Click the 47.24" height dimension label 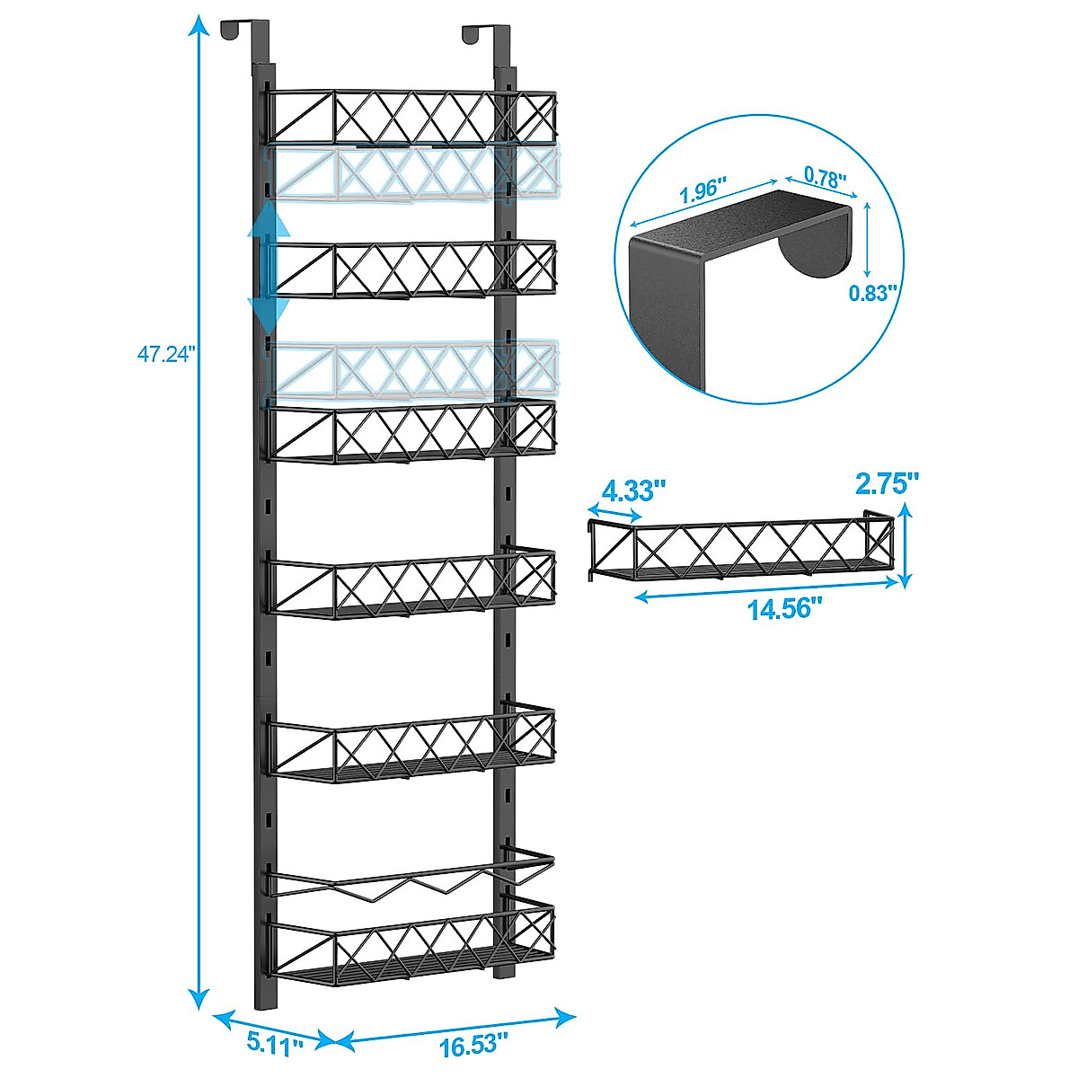(165, 354)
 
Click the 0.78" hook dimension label (825, 178)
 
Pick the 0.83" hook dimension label (873, 292)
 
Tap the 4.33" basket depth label (634, 491)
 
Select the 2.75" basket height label (887, 484)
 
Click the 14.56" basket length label (785, 608)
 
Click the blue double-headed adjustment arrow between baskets (268, 268)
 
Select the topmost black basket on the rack (413, 117)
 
